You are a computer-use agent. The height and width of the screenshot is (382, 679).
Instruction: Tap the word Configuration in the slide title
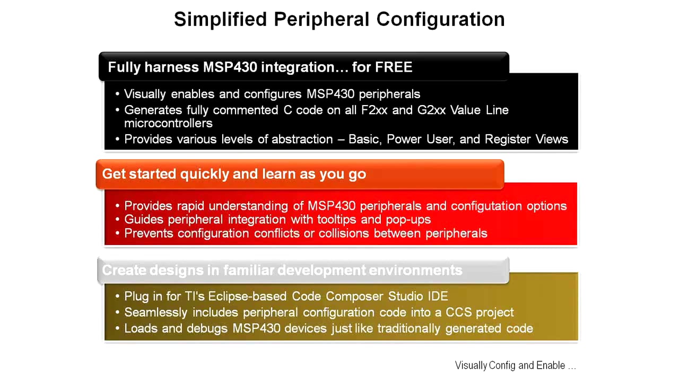click(440, 20)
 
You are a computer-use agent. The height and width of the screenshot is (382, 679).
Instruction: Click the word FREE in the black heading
click(394, 67)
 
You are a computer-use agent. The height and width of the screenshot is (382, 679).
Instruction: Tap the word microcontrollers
click(168, 123)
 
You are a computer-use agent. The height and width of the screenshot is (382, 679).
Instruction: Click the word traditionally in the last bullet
click(401, 328)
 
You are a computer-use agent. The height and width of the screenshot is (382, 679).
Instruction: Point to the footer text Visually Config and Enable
click(515, 366)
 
